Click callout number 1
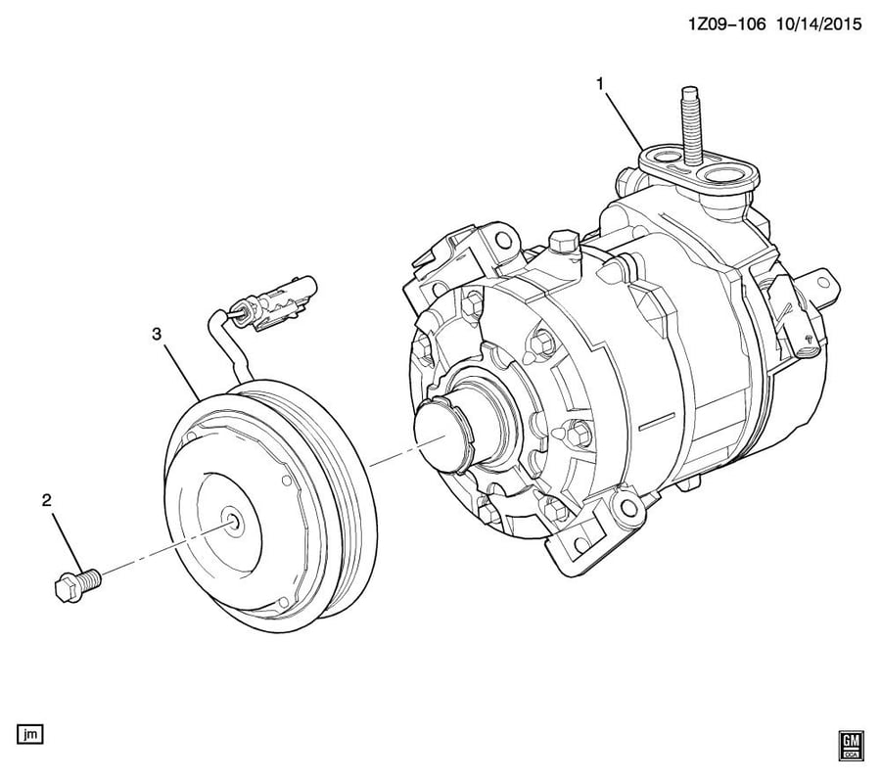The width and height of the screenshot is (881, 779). [600, 85]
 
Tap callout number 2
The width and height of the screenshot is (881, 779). [47, 500]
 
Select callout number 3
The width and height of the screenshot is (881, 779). [157, 334]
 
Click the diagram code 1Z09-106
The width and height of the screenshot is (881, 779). [727, 24]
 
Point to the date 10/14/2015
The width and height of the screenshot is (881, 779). [819, 24]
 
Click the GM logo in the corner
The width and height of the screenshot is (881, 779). [852, 746]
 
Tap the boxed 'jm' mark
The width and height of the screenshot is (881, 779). [29, 734]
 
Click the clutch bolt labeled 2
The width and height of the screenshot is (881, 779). [77, 584]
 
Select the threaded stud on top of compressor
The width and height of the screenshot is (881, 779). [690, 126]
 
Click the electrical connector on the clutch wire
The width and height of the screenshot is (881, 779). [279, 302]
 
